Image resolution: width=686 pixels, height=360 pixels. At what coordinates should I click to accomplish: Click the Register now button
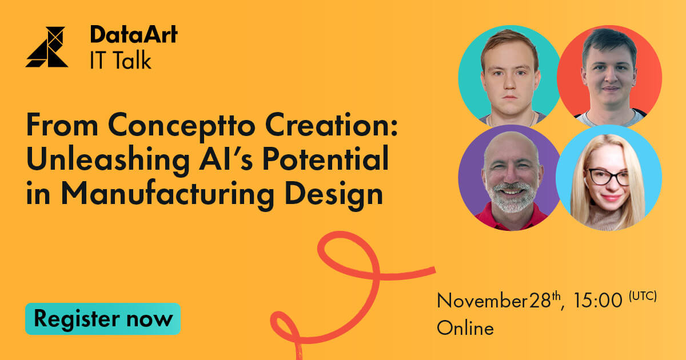[x=103, y=319]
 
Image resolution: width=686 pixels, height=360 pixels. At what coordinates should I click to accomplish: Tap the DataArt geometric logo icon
[x=47, y=47]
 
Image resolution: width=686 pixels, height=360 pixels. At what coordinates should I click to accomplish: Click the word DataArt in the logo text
[x=134, y=35]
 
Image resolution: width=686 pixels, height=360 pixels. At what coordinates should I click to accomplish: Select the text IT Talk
[x=121, y=59]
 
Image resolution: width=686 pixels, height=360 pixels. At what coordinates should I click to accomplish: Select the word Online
[x=465, y=329]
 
